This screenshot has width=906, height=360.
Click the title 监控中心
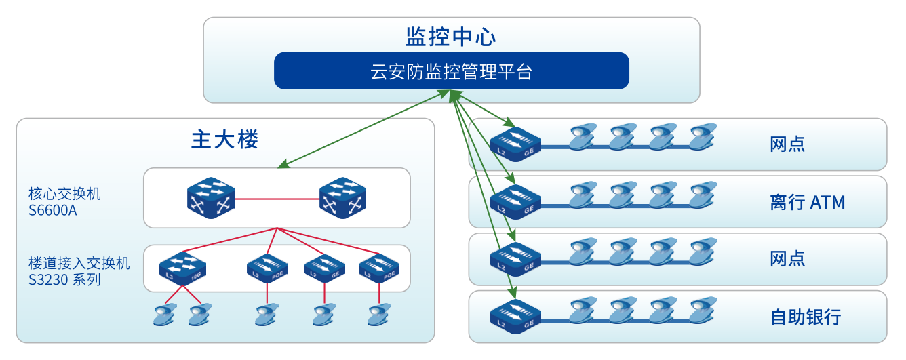point(451,37)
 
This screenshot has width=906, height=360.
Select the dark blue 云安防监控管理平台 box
point(451,71)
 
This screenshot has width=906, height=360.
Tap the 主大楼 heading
point(224,140)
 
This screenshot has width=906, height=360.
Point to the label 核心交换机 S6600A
point(64,201)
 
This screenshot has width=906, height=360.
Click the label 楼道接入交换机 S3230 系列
point(79,271)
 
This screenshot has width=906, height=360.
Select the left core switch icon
point(211,197)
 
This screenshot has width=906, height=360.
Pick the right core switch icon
point(343,197)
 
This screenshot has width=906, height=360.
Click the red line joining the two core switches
point(277,199)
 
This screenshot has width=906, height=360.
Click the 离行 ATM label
point(808,202)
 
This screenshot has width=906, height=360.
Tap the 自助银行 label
point(806,317)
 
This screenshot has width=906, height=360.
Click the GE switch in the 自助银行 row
point(515,316)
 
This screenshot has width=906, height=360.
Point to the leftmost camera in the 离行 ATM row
point(583,196)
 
